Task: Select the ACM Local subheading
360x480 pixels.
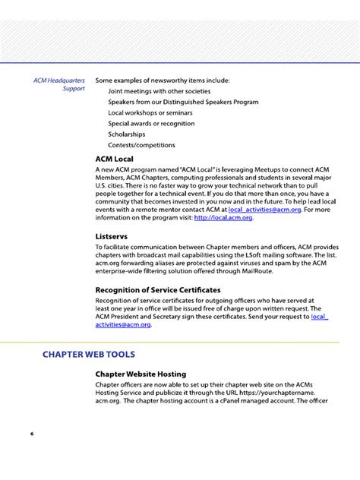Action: (x=114, y=158)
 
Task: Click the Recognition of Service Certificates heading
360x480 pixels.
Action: (x=158, y=289)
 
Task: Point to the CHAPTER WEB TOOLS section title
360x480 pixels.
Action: (x=89, y=354)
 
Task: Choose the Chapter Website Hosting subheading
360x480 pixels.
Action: (x=141, y=374)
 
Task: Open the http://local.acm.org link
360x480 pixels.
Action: (x=223, y=218)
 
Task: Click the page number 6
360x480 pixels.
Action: (x=32, y=434)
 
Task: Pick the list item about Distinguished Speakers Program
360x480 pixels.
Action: (x=183, y=101)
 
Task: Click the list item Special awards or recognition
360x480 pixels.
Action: (x=151, y=123)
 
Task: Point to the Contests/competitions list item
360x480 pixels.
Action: (x=141, y=145)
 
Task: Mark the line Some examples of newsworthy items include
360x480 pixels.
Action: (x=162, y=80)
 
